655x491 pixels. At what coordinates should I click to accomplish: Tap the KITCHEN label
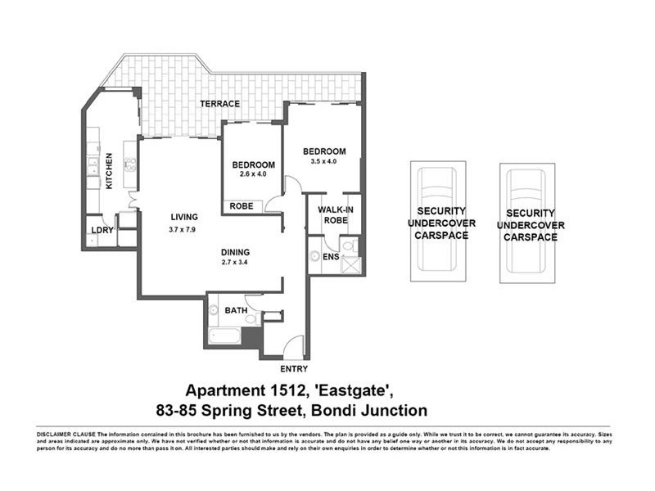(108, 171)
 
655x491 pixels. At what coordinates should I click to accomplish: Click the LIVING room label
(184, 217)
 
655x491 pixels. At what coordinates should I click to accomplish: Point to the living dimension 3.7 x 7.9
(184, 230)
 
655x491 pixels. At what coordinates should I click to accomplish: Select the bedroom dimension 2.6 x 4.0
(254, 173)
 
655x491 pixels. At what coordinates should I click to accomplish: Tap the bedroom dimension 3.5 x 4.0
(323, 162)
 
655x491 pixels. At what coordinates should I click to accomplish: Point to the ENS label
(330, 257)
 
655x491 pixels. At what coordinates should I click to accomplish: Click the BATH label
(236, 310)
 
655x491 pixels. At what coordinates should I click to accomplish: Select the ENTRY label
(294, 369)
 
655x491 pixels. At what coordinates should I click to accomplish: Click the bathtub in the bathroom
(224, 335)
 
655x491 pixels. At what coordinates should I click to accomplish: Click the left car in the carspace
(437, 221)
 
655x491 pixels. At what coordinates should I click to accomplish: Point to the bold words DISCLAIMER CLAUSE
(65, 432)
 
